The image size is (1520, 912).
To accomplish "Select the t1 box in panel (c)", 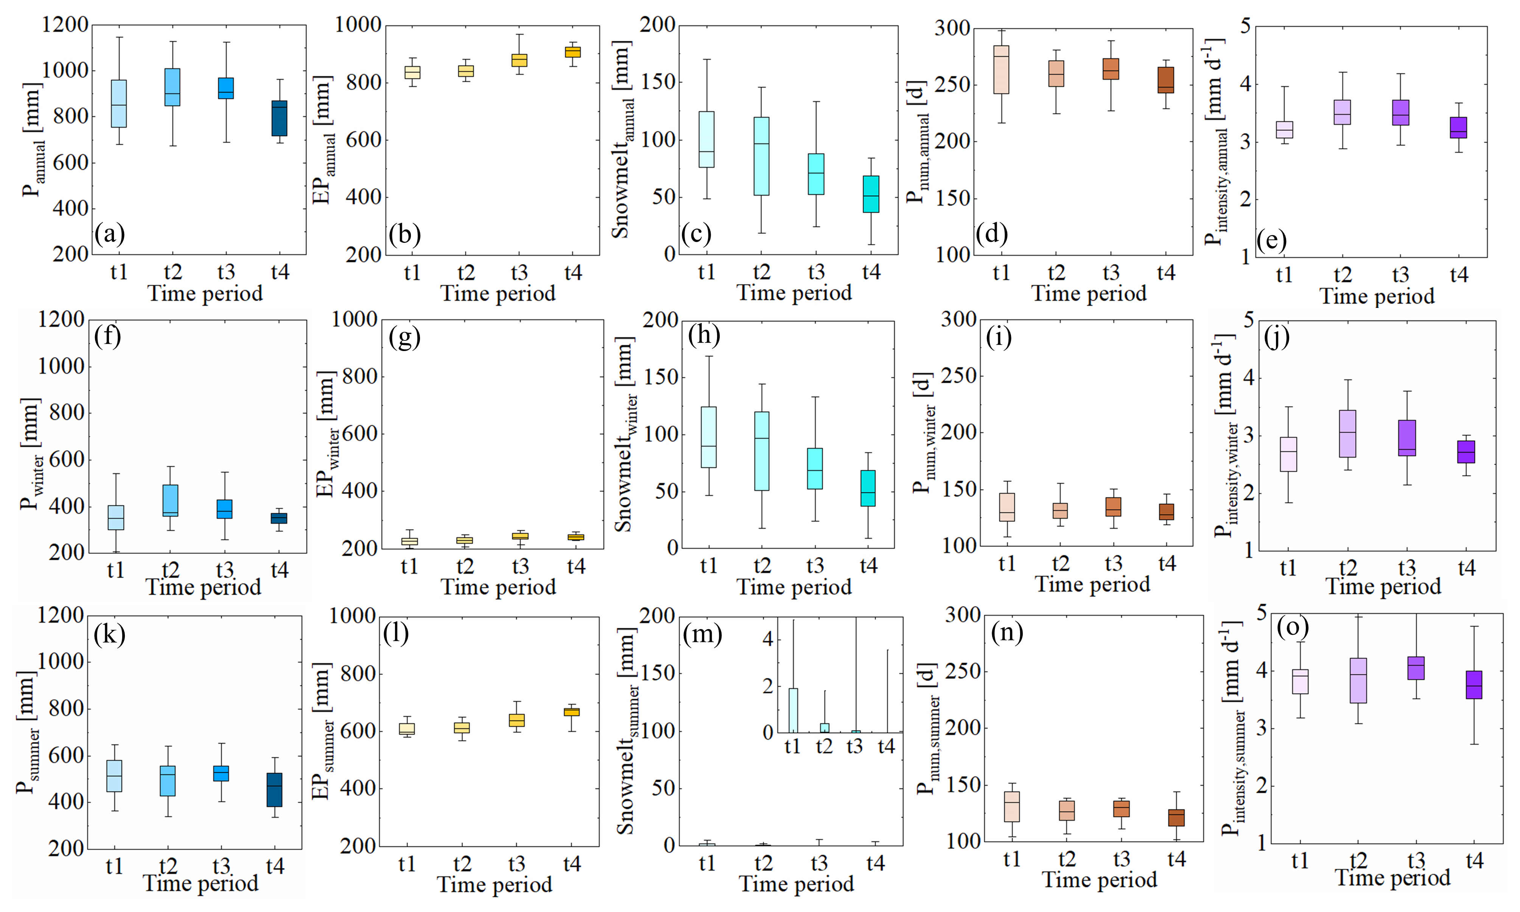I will tap(707, 139).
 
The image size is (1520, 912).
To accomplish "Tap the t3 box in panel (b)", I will tap(520, 60).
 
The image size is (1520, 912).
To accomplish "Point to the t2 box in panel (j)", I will tap(1347, 433).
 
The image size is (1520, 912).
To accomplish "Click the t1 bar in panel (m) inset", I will tap(793, 710).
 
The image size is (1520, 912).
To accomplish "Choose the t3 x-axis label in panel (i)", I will tap(1113, 564).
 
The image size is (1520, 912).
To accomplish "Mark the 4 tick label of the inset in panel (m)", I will tap(768, 639).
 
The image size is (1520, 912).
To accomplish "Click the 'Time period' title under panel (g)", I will tap(498, 587).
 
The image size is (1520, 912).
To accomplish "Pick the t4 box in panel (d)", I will tap(1165, 80).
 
